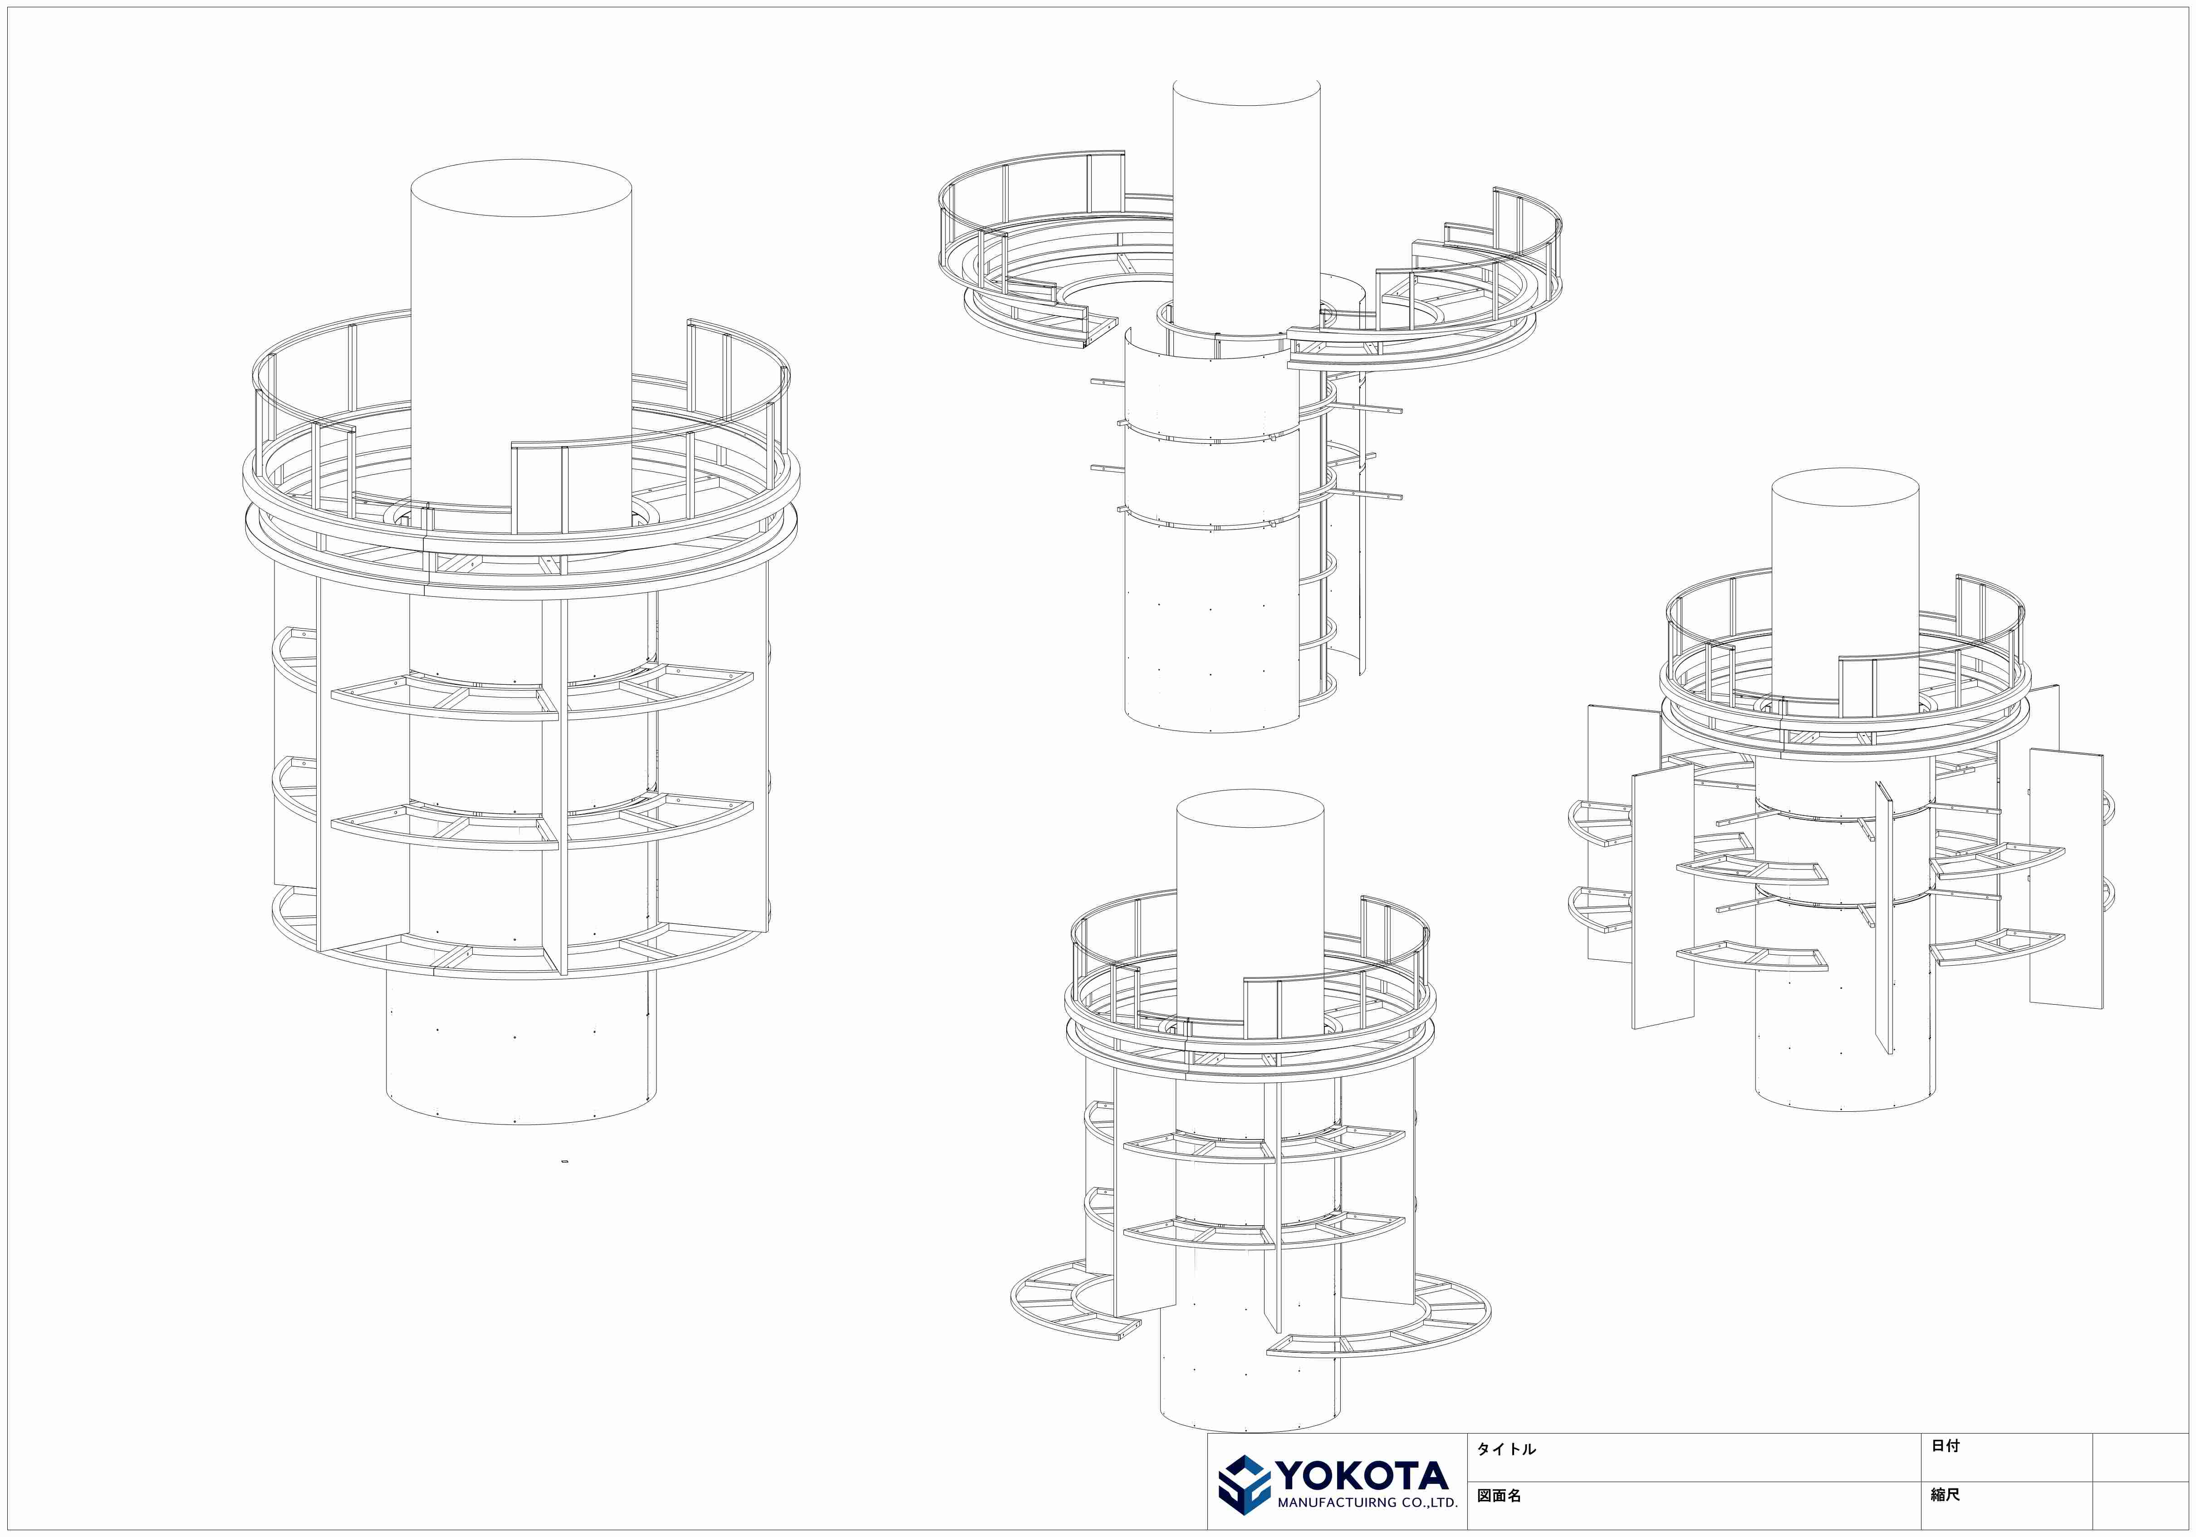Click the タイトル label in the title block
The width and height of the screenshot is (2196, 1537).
[1506, 1449]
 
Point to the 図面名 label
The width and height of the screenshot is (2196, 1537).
[1499, 1495]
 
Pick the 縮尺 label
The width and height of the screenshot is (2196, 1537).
[1946, 1494]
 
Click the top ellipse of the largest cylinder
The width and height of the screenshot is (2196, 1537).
[521, 188]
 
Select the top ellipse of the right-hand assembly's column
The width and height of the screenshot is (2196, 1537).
[1845, 488]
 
